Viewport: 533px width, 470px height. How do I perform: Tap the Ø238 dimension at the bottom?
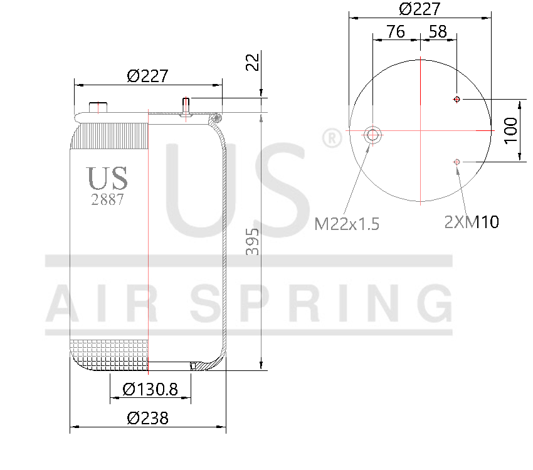pos(147,418)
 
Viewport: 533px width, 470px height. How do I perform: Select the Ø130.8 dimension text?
pos(150,389)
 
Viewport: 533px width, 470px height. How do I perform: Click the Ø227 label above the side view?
pos(147,76)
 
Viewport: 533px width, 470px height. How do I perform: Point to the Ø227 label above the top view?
pos(420,9)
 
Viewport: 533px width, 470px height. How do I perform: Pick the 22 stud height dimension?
pos(252,63)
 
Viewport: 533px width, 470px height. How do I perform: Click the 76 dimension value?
pos(395,31)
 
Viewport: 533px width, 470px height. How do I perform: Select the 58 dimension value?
pos(438,31)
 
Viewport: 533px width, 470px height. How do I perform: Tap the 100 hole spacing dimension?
pos(511,130)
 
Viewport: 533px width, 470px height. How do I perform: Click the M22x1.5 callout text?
pos(347,224)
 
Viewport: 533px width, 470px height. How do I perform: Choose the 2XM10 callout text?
pos(472,221)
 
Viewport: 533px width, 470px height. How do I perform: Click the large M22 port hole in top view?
pos(373,135)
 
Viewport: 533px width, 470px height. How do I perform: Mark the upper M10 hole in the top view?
pos(457,99)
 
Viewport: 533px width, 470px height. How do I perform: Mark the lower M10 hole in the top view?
pos(457,162)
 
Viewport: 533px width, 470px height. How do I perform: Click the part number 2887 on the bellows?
pos(107,200)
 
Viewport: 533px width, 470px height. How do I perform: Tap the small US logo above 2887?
pos(107,179)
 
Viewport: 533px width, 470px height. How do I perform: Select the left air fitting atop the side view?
pos(97,107)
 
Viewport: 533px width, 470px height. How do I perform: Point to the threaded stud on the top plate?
pos(186,106)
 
